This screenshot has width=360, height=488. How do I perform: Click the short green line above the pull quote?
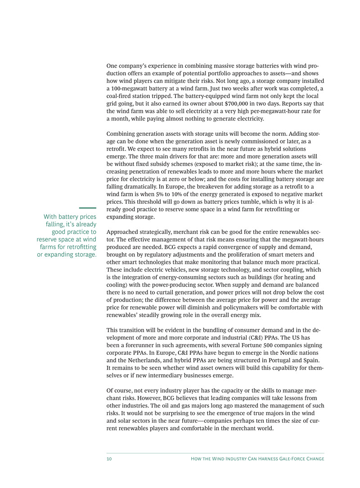88,208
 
